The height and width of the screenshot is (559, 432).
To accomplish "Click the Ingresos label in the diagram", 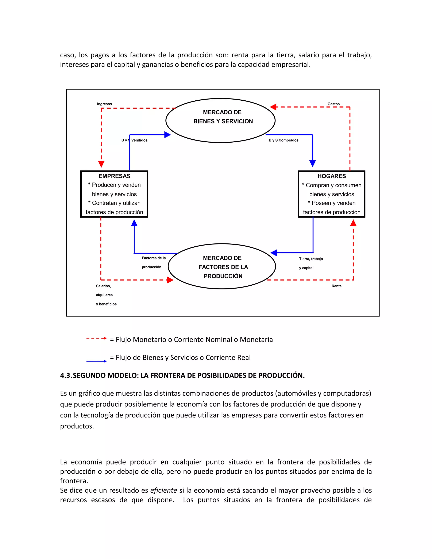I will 104,104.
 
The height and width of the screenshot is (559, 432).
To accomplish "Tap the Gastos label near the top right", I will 333,104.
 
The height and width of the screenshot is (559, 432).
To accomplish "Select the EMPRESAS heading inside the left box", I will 114,176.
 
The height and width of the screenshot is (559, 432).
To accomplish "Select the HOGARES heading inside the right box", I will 331,176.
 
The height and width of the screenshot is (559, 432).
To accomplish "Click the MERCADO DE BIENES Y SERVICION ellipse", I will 220,120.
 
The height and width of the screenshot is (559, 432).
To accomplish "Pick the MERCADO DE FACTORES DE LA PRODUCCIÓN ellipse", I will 222,266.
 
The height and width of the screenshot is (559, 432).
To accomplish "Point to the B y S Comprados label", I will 283,140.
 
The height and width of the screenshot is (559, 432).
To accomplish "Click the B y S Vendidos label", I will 134,140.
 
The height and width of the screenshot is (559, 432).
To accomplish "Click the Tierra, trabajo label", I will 311,259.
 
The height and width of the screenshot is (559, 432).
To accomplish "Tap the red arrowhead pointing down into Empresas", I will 101,164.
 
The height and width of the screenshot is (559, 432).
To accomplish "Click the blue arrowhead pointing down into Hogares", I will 312,163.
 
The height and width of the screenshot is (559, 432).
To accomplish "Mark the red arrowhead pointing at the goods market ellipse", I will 273,107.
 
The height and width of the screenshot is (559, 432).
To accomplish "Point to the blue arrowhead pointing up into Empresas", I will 134,223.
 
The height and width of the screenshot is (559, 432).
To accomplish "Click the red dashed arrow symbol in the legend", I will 96,338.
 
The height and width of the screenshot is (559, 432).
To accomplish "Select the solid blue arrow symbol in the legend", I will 96,361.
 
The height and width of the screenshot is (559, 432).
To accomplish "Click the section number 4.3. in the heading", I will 66,375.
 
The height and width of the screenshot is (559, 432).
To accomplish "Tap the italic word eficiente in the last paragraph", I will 163,490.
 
